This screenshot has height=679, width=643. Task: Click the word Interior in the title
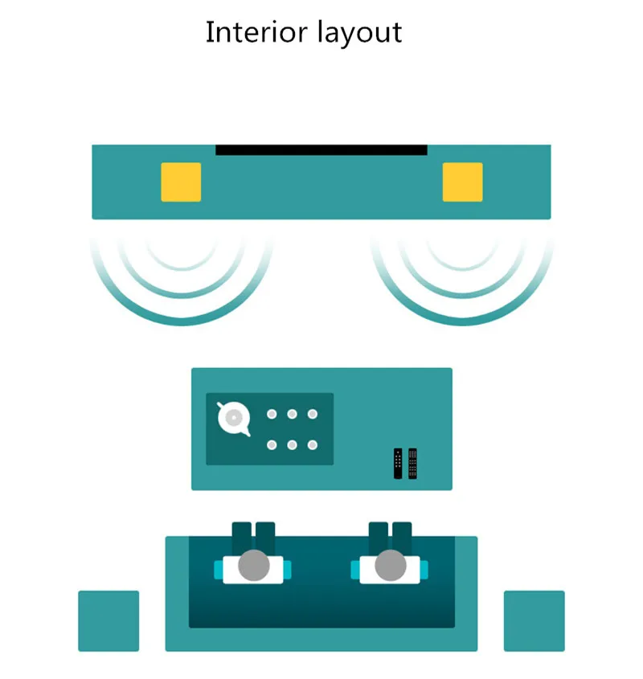pyautogui.click(x=256, y=32)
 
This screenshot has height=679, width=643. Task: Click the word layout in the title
pyautogui.click(x=359, y=34)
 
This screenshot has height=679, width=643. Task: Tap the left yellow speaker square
pyautogui.click(x=181, y=182)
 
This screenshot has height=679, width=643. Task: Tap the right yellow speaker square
pyautogui.click(x=462, y=182)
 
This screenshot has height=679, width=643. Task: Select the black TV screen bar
pyautogui.click(x=321, y=149)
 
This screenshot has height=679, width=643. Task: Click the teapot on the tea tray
pyautogui.click(x=234, y=419)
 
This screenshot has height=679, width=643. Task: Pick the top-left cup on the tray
pyautogui.click(x=272, y=414)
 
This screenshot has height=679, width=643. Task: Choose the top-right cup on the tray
pyautogui.click(x=313, y=414)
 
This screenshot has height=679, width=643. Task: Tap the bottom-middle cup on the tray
pyautogui.click(x=292, y=444)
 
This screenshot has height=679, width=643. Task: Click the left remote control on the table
pyautogui.click(x=398, y=464)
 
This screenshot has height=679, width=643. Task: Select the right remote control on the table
pyautogui.click(x=412, y=464)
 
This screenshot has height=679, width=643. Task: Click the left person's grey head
pyautogui.click(x=254, y=565)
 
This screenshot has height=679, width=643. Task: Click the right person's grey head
pyautogui.click(x=391, y=565)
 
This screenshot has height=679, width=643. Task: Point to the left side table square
pyautogui.click(x=109, y=620)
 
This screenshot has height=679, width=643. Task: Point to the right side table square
pyautogui.click(x=534, y=620)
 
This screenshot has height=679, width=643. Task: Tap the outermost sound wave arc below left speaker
pyautogui.click(x=182, y=321)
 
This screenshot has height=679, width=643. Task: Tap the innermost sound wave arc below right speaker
pyautogui.click(x=462, y=268)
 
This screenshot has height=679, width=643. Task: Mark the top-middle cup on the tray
pyautogui.click(x=292, y=414)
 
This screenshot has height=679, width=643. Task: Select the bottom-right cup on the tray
pyautogui.click(x=313, y=444)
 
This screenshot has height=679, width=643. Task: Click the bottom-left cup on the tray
pyautogui.click(x=272, y=444)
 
